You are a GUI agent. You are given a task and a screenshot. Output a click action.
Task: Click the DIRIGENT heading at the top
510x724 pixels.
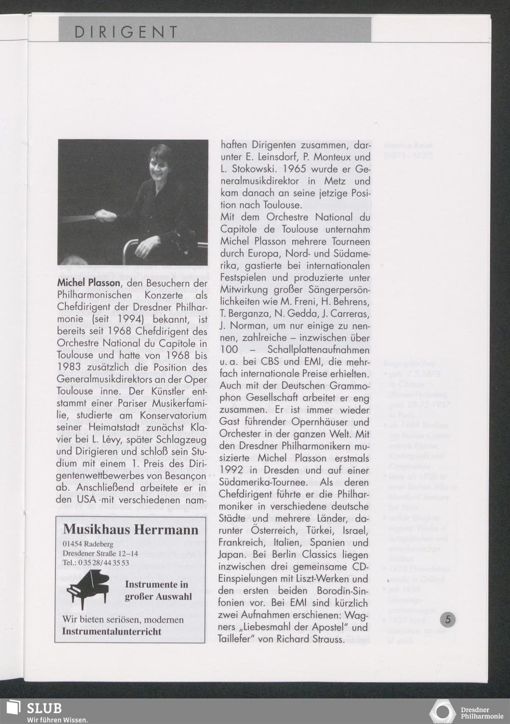coord(125,32)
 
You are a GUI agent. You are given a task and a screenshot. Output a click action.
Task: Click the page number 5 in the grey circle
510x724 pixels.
coord(448,620)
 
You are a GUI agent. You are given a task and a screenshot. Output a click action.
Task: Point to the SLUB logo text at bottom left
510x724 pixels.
coord(44,708)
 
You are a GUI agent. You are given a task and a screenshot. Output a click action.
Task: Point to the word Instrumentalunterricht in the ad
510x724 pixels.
coord(112,631)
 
